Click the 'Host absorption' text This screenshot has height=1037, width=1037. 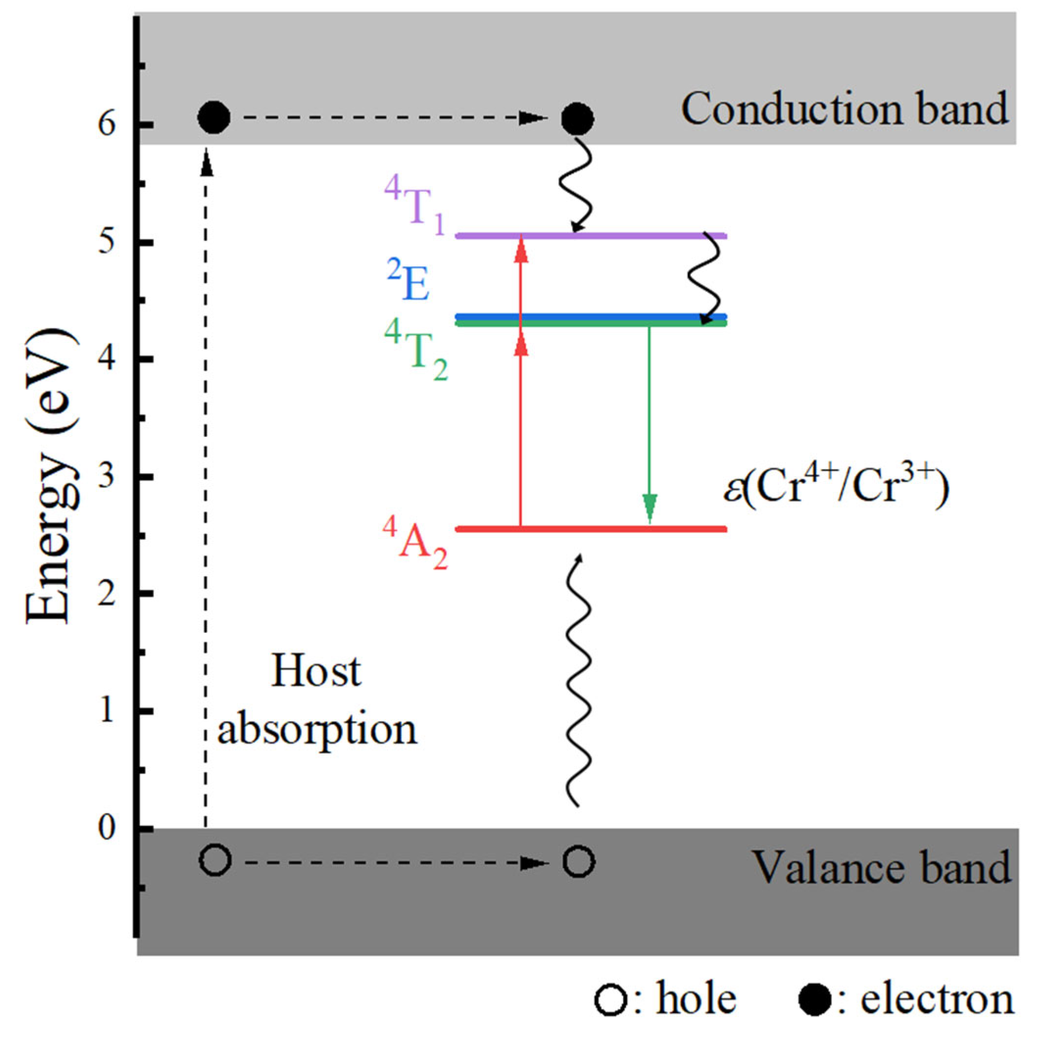[316, 700]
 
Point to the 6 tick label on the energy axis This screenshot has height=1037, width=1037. [107, 125]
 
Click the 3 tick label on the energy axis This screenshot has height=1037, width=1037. [107, 477]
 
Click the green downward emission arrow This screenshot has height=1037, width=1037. [650, 419]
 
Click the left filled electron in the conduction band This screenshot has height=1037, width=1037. [214, 117]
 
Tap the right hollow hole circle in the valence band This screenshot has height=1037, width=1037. [578, 862]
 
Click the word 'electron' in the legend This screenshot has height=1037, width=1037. [937, 1000]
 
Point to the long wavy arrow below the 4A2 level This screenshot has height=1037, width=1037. [578, 682]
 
